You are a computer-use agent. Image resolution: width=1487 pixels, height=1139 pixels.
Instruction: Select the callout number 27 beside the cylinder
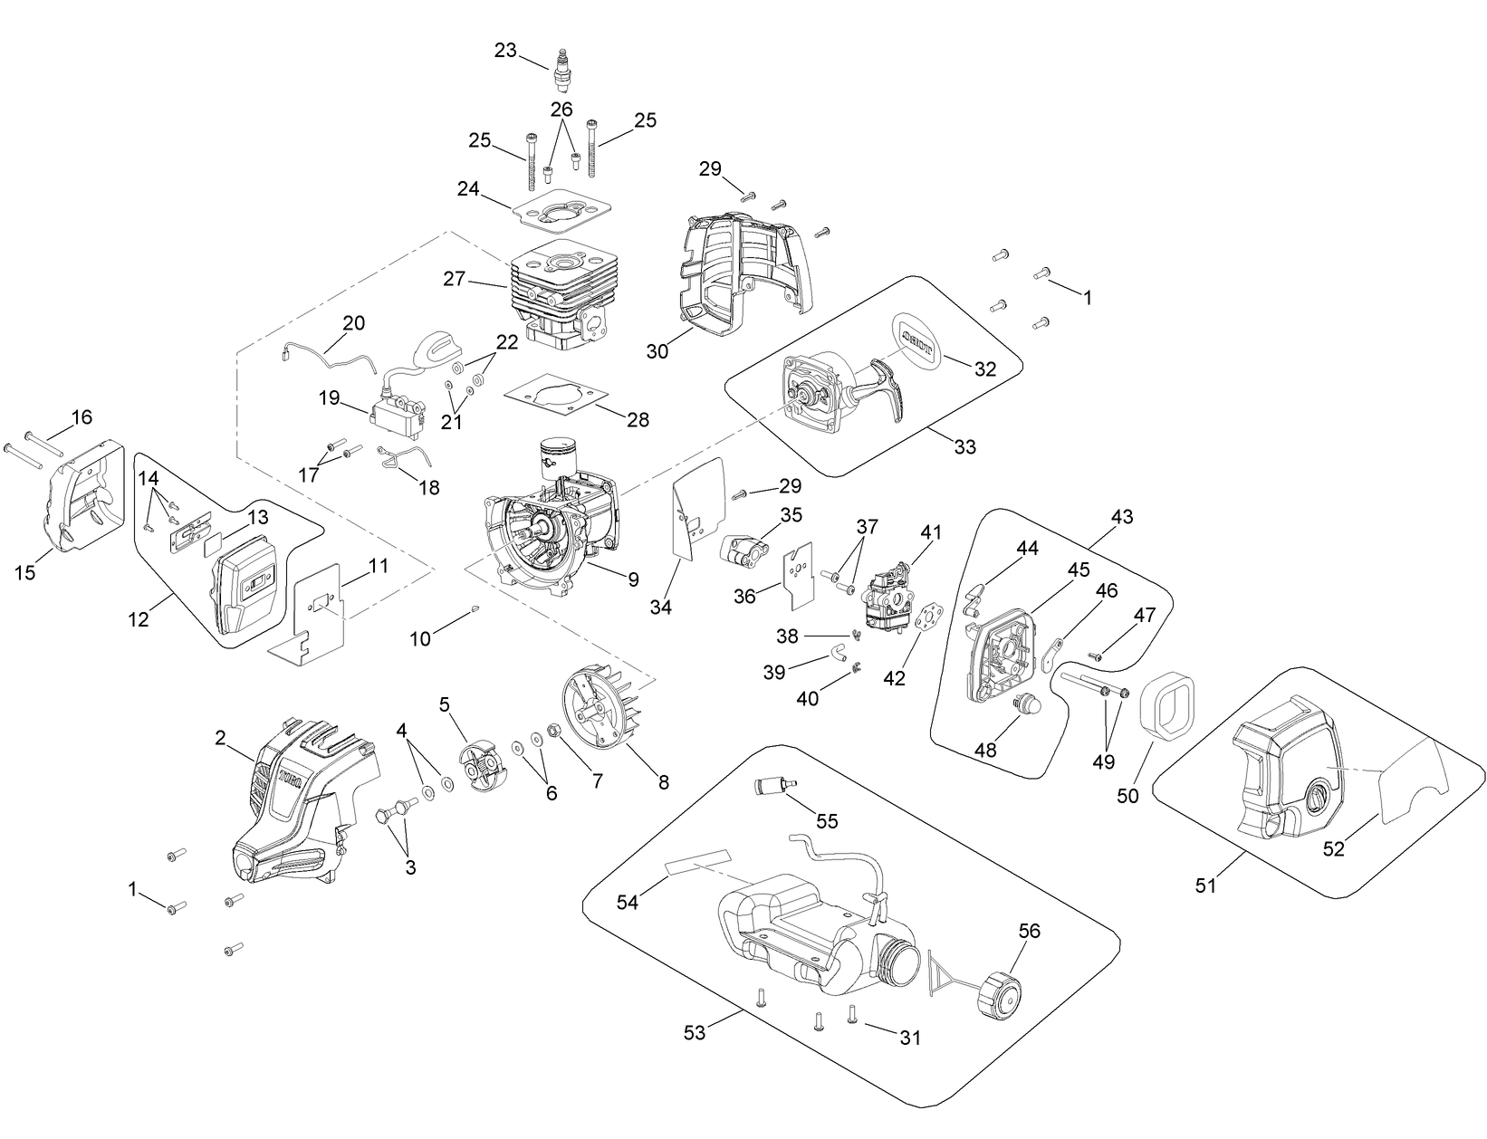(454, 279)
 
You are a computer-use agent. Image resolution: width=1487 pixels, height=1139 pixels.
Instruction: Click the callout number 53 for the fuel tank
(694, 1032)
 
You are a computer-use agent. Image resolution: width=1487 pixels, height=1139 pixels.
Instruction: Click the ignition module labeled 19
(397, 421)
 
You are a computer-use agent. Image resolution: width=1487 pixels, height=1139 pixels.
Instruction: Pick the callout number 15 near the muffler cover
(25, 572)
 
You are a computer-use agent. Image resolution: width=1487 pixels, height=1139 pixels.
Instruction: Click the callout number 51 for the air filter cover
(1205, 885)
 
